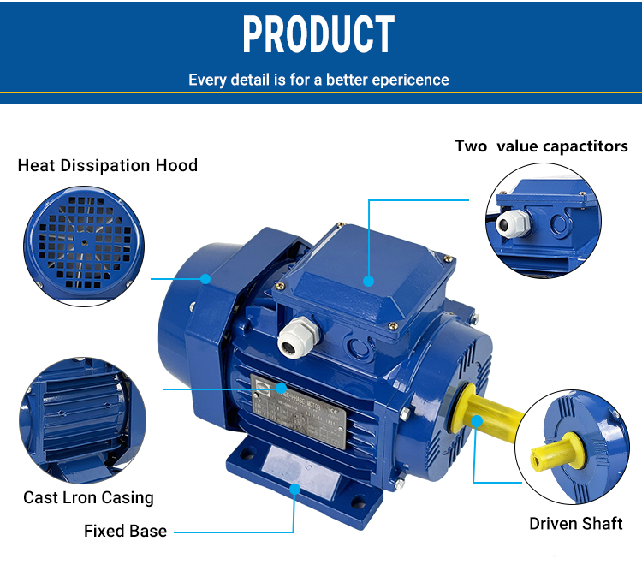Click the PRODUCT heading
pyautogui.click(x=318, y=34)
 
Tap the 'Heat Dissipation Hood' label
pyautogui.click(x=107, y=165)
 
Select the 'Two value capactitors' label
pyautogui.click(x=541, y=146)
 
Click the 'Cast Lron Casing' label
pyautogui.click(x=88, y=497)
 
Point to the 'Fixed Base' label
pyautogui.click(x=125, y=531)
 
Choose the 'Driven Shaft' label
pyautogui.click(x=575, y=523)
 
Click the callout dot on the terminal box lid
pyautogui.click(x=369, y=279)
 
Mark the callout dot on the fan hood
pyautogui.click(x=205, y=278)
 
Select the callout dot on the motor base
pyautogui.click(x=294, y=489)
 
